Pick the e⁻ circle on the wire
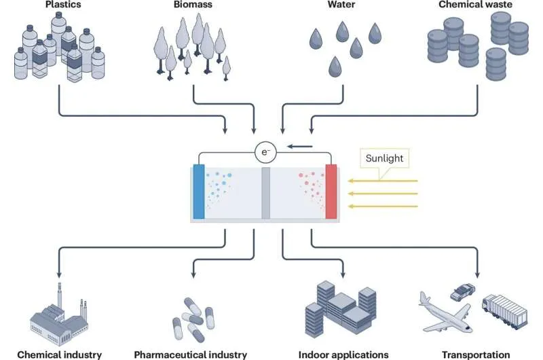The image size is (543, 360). click(x=263, y=152)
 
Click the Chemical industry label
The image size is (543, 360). click(x=60, y=354)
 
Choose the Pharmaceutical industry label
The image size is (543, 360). click(x=191, y=354)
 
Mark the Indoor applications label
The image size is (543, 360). click(x=343, y=354)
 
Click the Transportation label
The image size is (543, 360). click(x=476, y=354)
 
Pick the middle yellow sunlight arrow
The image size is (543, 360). click(x=388, y=194)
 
